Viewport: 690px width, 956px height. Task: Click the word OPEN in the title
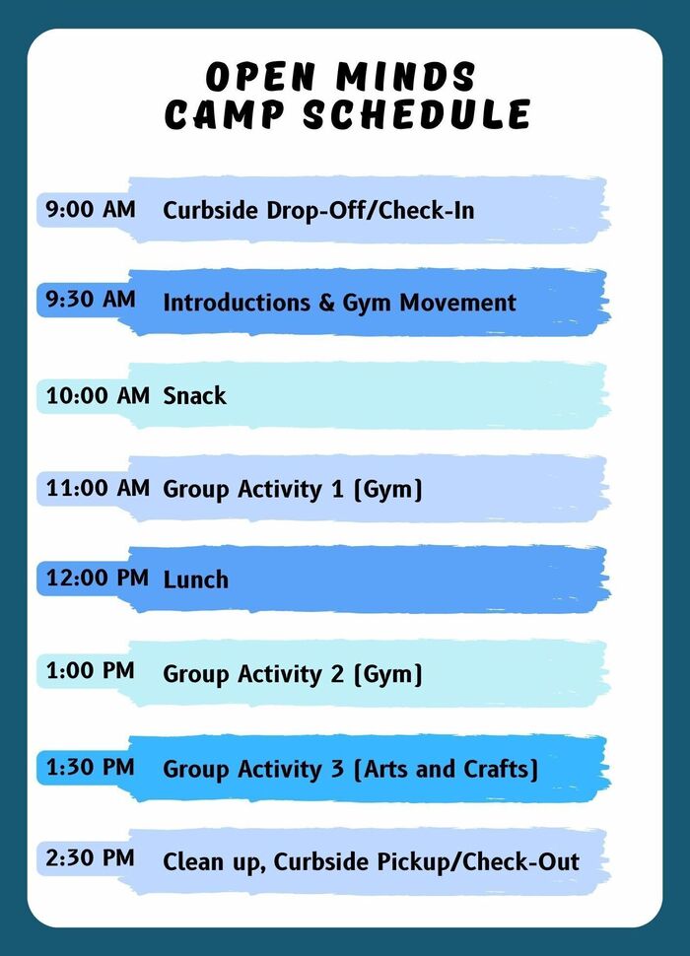click(261, 77)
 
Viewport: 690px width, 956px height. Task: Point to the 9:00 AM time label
click(91, 209)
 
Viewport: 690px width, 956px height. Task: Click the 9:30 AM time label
click(91, 300)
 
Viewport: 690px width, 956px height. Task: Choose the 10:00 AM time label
click(98, 395)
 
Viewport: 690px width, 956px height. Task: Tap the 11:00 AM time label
click(98, 487)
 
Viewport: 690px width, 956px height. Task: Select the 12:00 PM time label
click(98, 579)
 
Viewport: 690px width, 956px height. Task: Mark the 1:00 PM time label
click(90, 671)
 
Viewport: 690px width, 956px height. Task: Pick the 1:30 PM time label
click(90, 766)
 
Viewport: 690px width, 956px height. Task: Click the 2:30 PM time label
click(90, 857)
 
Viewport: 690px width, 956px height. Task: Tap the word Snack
click(194, 396)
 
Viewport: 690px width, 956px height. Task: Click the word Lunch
click(195, 580)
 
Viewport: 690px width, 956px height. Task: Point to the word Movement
click(458, 303)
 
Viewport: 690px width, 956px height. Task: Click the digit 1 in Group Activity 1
click(337, 488)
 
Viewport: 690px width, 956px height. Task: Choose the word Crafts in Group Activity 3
click(501, 769)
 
